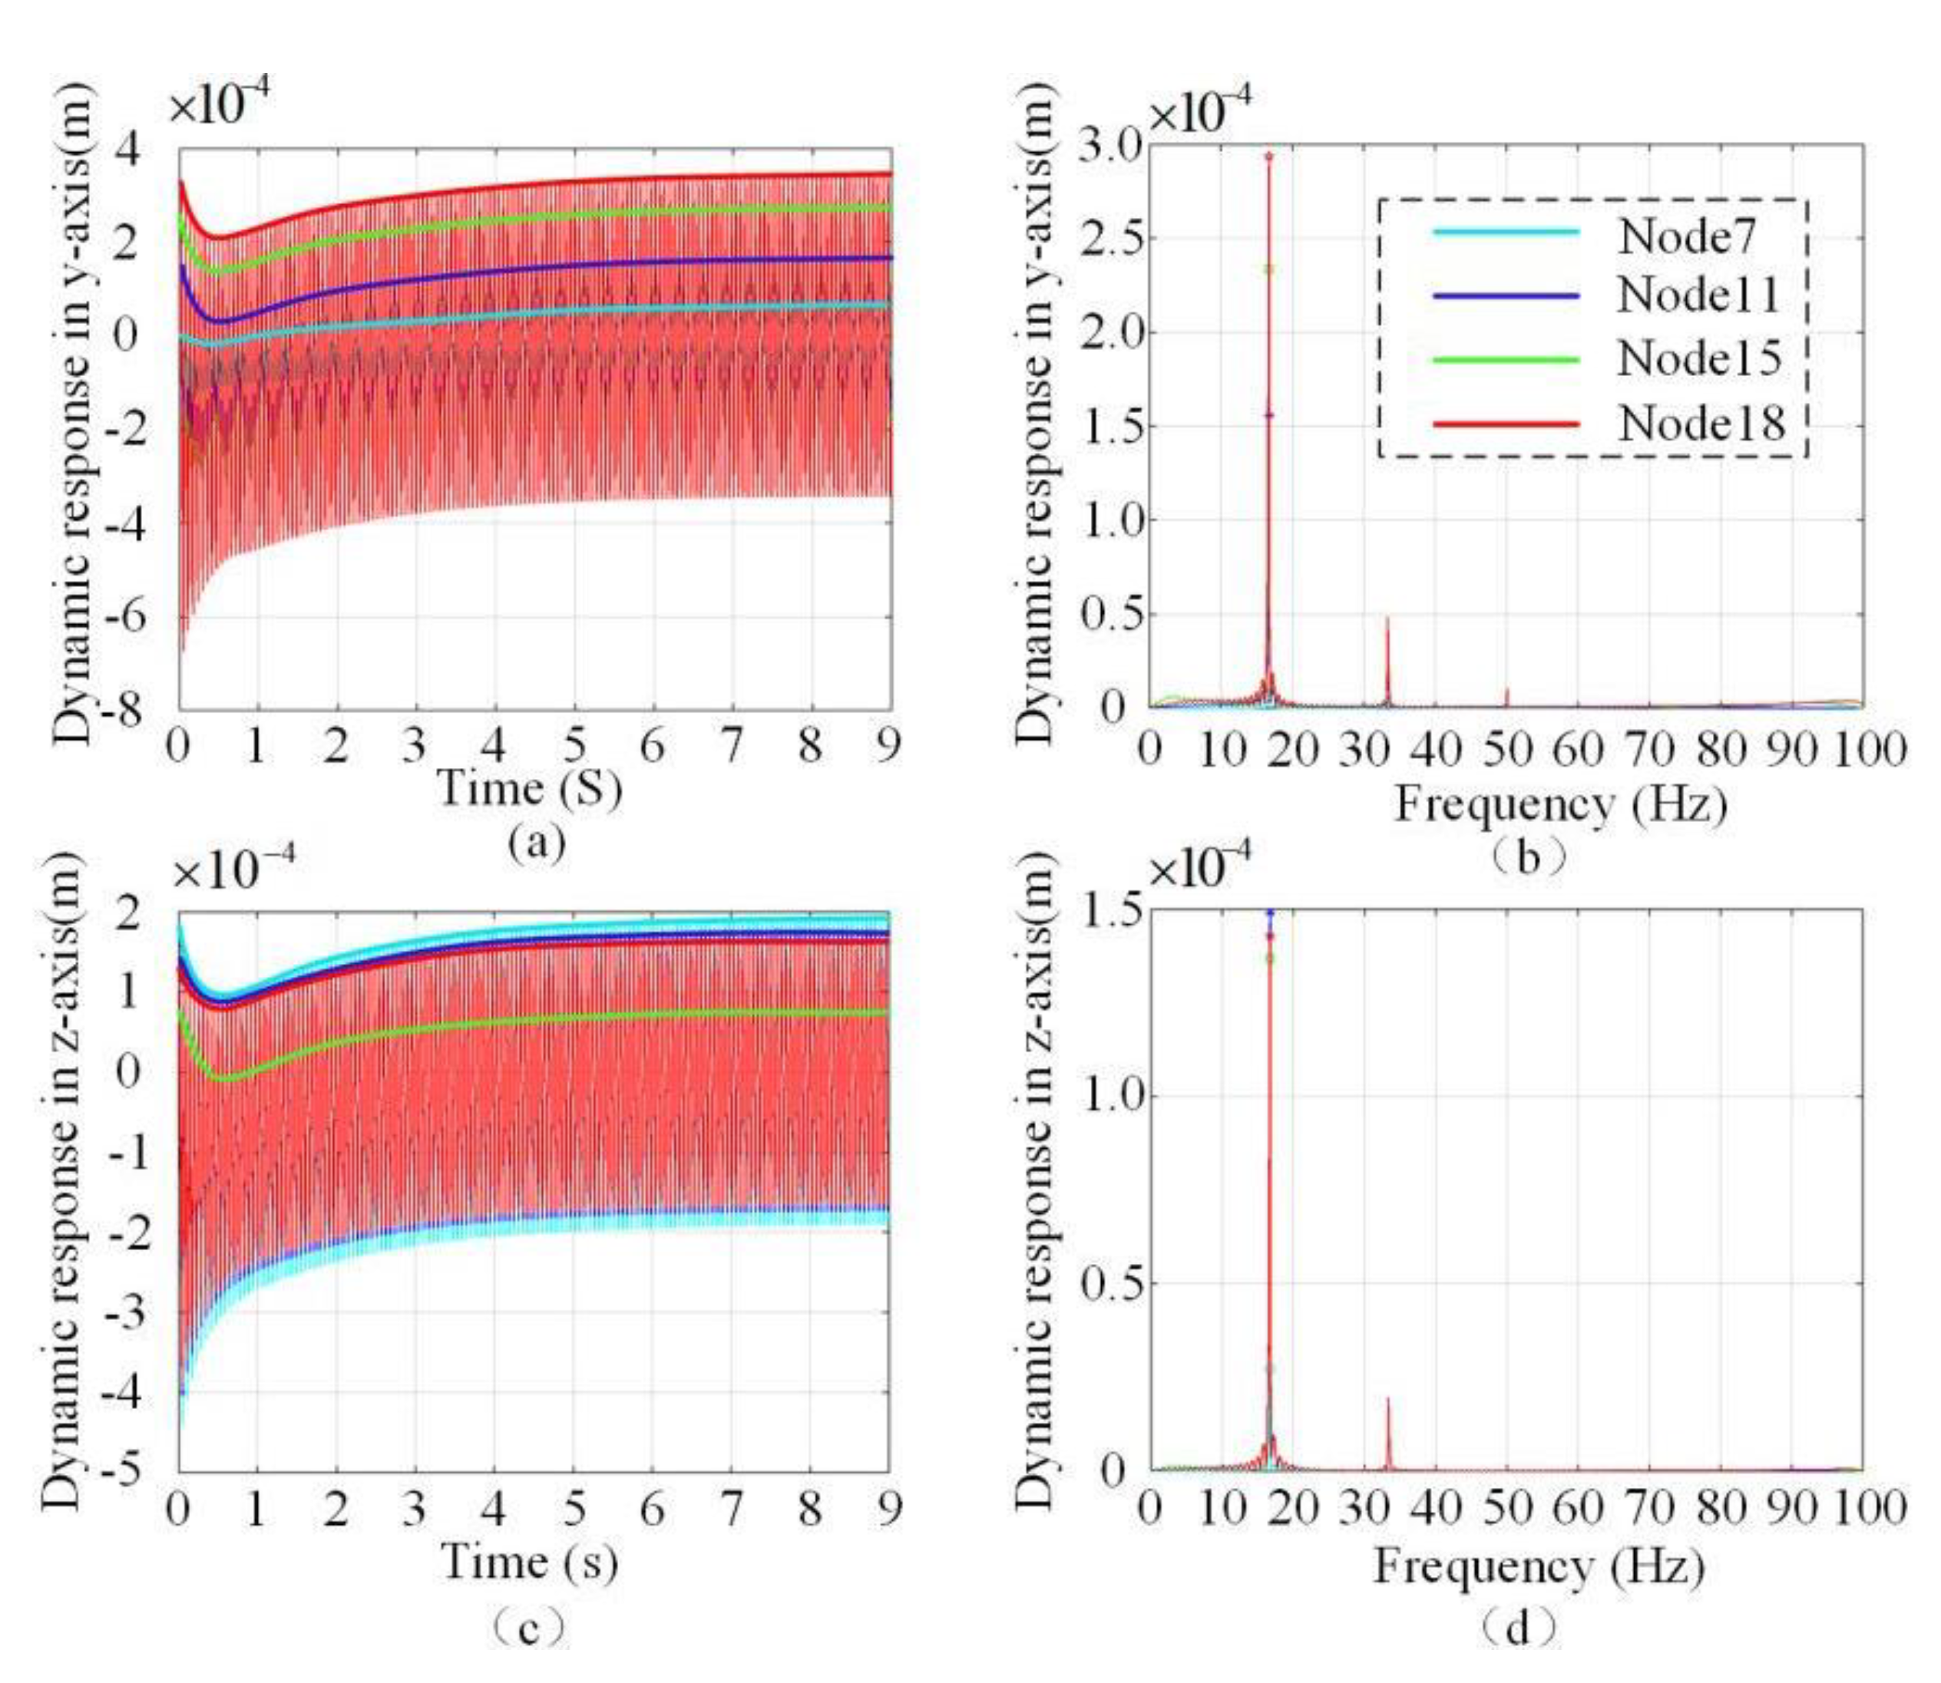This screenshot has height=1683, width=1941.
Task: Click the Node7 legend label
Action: [1685, 236]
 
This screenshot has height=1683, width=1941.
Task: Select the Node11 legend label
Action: [1698, 295]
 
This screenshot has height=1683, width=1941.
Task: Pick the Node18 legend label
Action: [1701, 424]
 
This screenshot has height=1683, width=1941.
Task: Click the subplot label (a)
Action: [537, 843]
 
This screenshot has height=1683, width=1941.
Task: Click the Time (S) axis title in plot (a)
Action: [529, 787]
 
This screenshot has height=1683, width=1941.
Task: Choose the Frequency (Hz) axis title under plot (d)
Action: [1539, 1566]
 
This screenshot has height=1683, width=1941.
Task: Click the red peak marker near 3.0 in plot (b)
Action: [1268, 157]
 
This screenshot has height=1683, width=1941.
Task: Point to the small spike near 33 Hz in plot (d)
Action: [1387, 1431]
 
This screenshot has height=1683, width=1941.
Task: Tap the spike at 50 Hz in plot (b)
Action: [1507, 696]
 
